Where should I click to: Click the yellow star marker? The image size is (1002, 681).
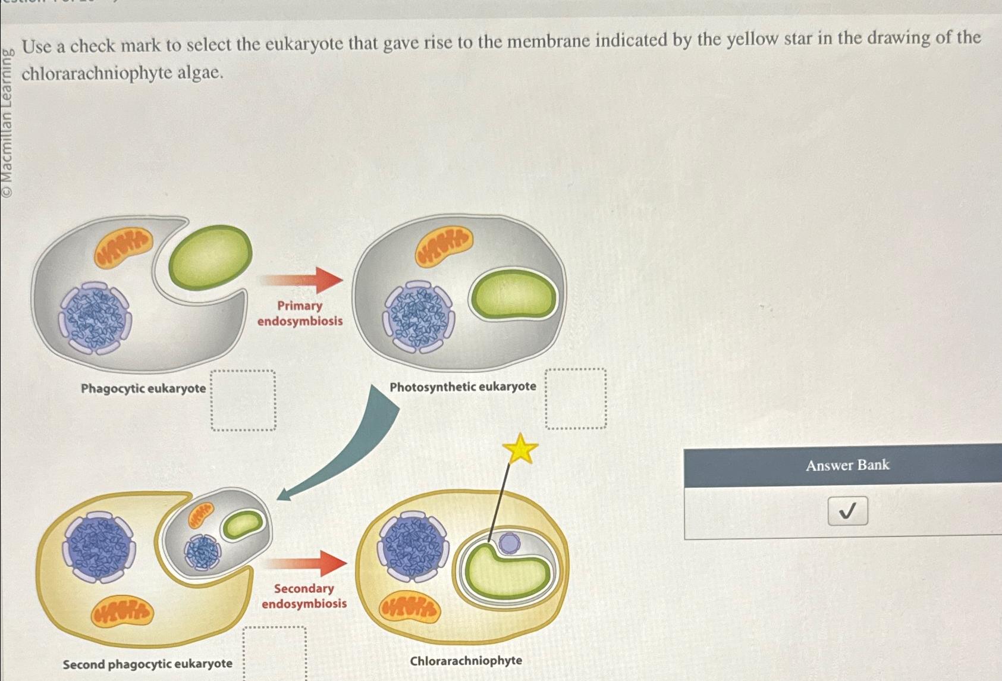coord(520,449)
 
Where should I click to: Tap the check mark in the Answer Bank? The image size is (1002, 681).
coord(847,511)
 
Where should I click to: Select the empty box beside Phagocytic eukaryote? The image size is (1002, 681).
coord(243,400)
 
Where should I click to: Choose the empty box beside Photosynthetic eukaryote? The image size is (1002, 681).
coord(576,398)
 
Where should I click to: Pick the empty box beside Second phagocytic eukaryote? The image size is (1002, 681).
coord(275,653)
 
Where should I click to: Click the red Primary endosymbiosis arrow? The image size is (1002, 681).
coord(303,280)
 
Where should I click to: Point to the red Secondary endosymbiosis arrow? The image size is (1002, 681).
coord(306,563)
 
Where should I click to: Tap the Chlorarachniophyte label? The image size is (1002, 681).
coord(466,661)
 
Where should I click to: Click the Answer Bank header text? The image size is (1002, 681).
coord(847,465)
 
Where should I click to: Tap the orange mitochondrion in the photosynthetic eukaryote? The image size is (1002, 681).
coord(444,245)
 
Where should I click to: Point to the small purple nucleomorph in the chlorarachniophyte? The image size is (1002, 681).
coord(508,542)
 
